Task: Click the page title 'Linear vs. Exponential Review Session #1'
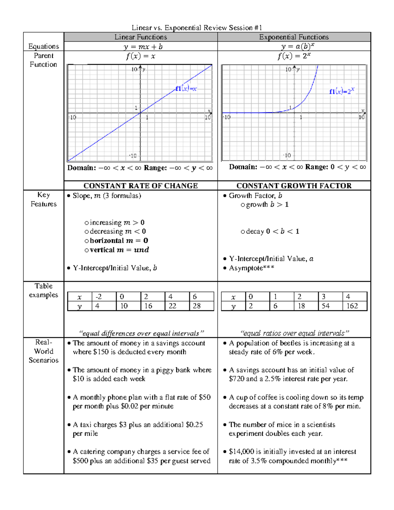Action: (x=197, y=28)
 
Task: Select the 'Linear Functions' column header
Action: (x=141, y=37)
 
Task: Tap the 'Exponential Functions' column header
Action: (x=294, y=37)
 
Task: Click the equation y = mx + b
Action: (x=143, y=47)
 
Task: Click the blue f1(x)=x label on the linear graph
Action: (x=186, y=89)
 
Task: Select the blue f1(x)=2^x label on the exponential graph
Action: (x=342, y=91)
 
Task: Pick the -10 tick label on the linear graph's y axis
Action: (x=133, y=156)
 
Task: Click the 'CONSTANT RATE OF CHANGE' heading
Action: (x=141, y=186)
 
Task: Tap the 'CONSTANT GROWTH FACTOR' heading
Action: (x=294, y=186)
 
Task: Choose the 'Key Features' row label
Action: (x=43, y=199)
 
